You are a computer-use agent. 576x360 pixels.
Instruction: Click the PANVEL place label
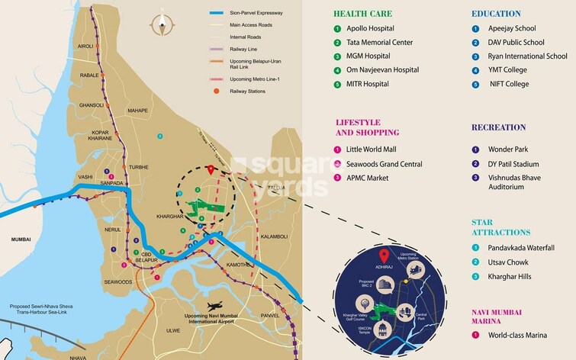(x=272, y=315)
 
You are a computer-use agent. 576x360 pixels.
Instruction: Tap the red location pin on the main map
(x=211, y=169)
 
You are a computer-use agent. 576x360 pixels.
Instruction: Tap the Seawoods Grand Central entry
(x=385, y=164)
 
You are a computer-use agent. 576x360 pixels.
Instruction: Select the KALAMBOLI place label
(x=272, y=236)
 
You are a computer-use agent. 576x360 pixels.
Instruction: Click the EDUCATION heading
(x=496, y=14)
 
